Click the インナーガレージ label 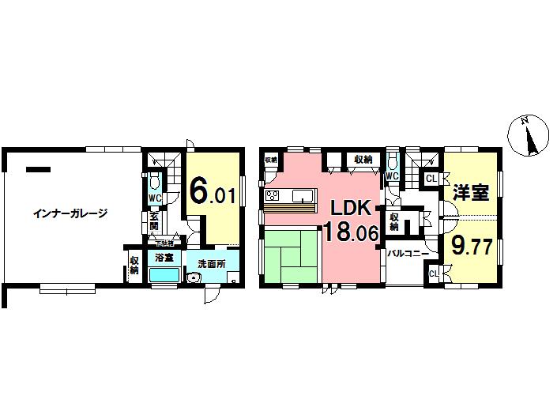coord(70,213)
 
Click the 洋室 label coord(470,191)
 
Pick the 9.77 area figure coord(472,246)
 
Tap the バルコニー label coord(408,253)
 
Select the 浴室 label coord(164,258)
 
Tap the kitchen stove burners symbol coord(272,195)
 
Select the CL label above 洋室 coord(431,179)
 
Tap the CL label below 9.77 coord(434,274)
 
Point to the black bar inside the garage coord(38,168)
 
